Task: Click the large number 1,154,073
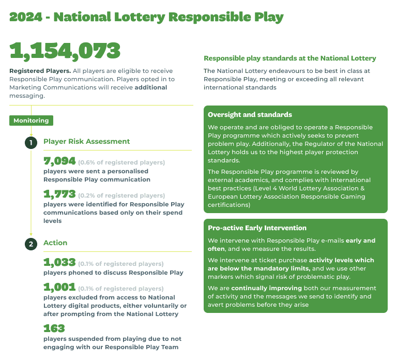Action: (65, 50)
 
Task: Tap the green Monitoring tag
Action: (31, 121)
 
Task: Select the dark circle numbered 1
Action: (31, 142)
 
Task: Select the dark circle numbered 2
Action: (31, 244)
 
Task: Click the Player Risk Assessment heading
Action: (86, 141)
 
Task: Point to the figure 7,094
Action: (59, 161)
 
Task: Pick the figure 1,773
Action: (59, 194)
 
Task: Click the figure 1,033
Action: (59, 262)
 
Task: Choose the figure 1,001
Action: (59, 287)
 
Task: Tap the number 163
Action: (54, 328)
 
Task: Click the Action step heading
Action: (55, 243)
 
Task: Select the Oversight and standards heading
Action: (250, 115)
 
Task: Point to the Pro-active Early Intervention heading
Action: (257, 228)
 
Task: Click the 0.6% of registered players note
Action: (121, 162)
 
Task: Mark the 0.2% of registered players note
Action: (121, 196)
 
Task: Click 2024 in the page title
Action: (26, 17)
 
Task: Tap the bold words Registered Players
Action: (40, 71)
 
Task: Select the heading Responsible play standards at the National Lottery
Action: (289, 58)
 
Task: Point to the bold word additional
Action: (150, 87)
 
